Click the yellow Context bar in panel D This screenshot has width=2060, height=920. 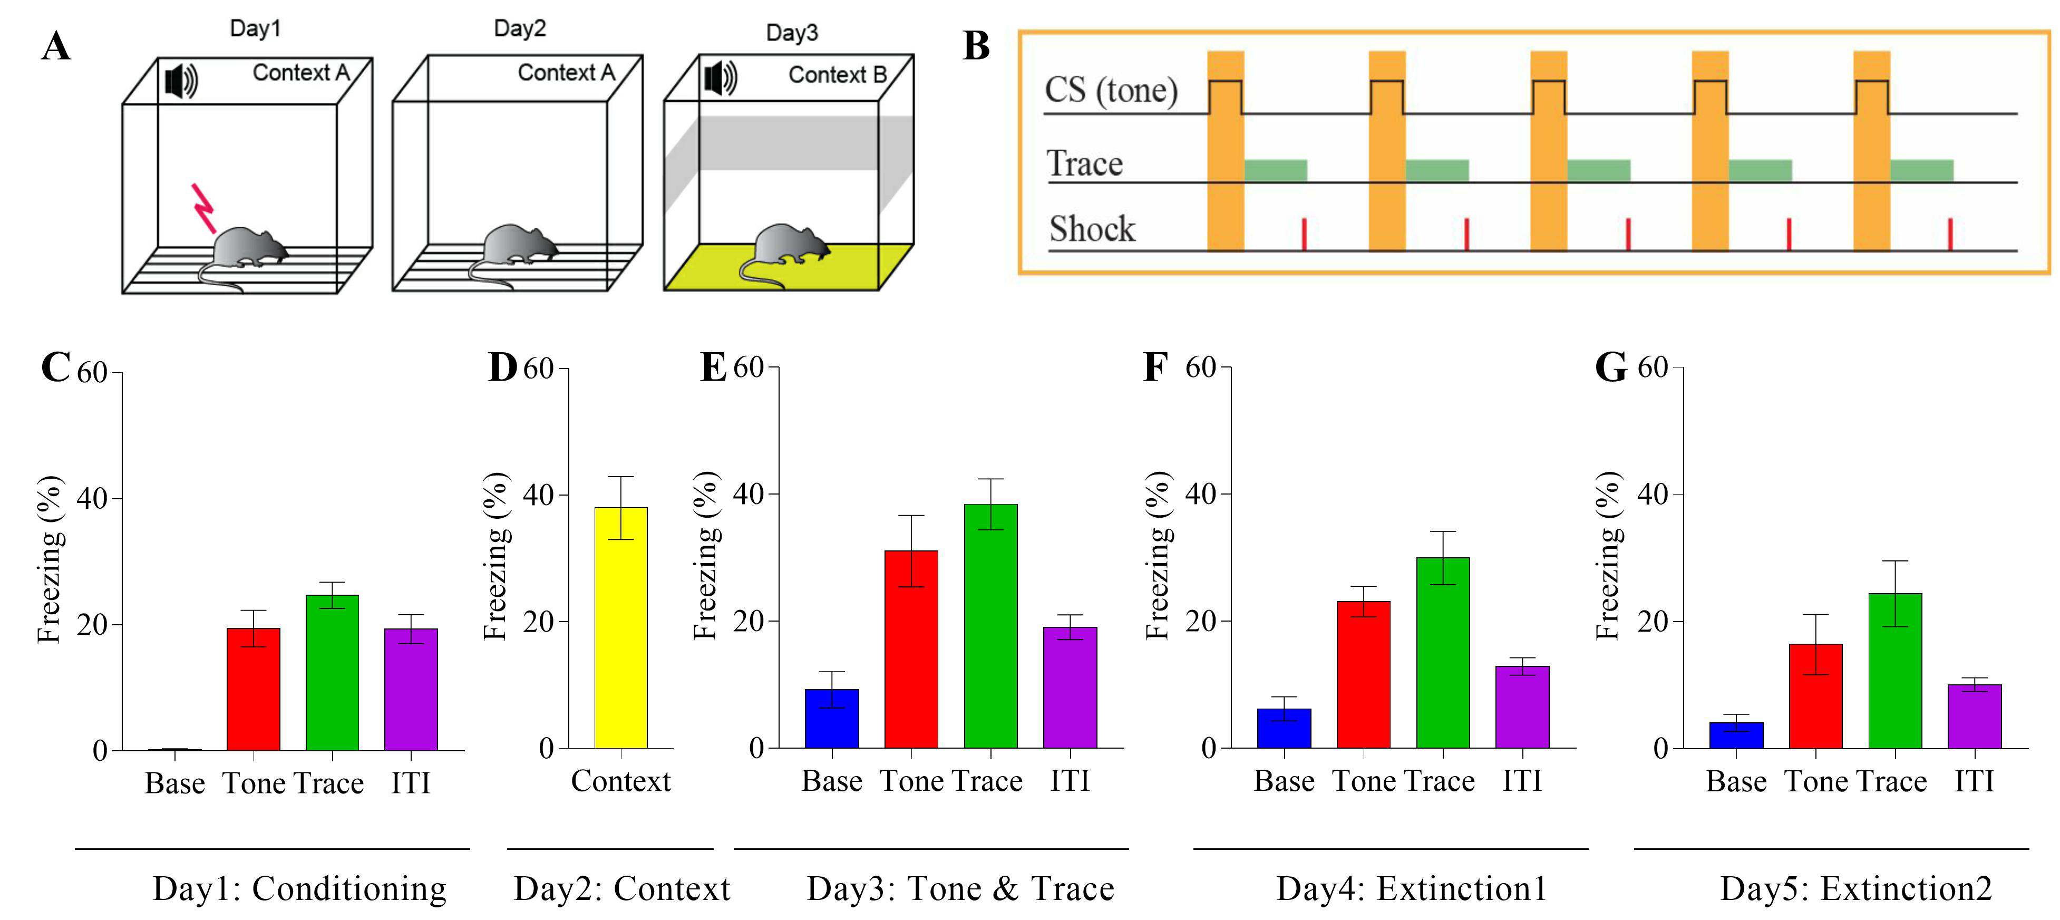(620, 628)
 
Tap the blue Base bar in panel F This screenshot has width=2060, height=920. (1284, 728)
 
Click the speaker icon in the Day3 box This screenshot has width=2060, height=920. (720, 79)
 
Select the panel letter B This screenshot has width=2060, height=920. (976, 46)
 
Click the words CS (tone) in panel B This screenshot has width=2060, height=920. (1111, 90)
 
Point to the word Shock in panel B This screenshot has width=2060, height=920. (1092, 229)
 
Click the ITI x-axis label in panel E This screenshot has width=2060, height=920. (1069, 781)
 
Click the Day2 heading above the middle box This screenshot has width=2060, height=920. (520, 29)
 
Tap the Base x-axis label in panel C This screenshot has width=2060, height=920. (174, 783)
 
